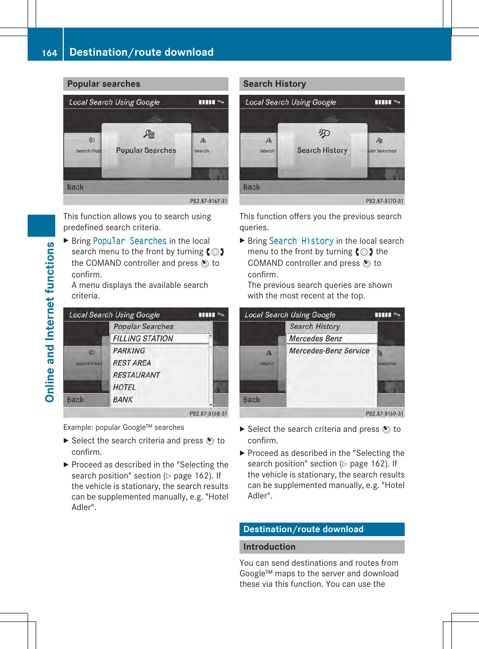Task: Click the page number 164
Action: coord(49,53)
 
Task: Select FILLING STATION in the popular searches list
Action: coord(143,339)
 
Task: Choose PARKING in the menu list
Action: coord(129,351)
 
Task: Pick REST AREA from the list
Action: coord(132,363)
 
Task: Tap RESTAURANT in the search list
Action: coord(136,375)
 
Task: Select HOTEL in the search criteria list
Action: coord(125,387)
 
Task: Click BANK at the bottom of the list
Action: coord(123,400)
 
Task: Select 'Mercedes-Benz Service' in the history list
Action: coord(329,351)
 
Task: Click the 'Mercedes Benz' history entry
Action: coord(315,339)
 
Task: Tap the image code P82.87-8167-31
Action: coord(208,201)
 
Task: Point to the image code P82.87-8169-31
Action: coord(384,414)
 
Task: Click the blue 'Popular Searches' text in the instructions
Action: coord(130,241)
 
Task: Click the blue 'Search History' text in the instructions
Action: coord(301,241)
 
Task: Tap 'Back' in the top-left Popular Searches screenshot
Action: coord(75,187)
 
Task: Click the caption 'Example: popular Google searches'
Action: coord(124,427)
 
